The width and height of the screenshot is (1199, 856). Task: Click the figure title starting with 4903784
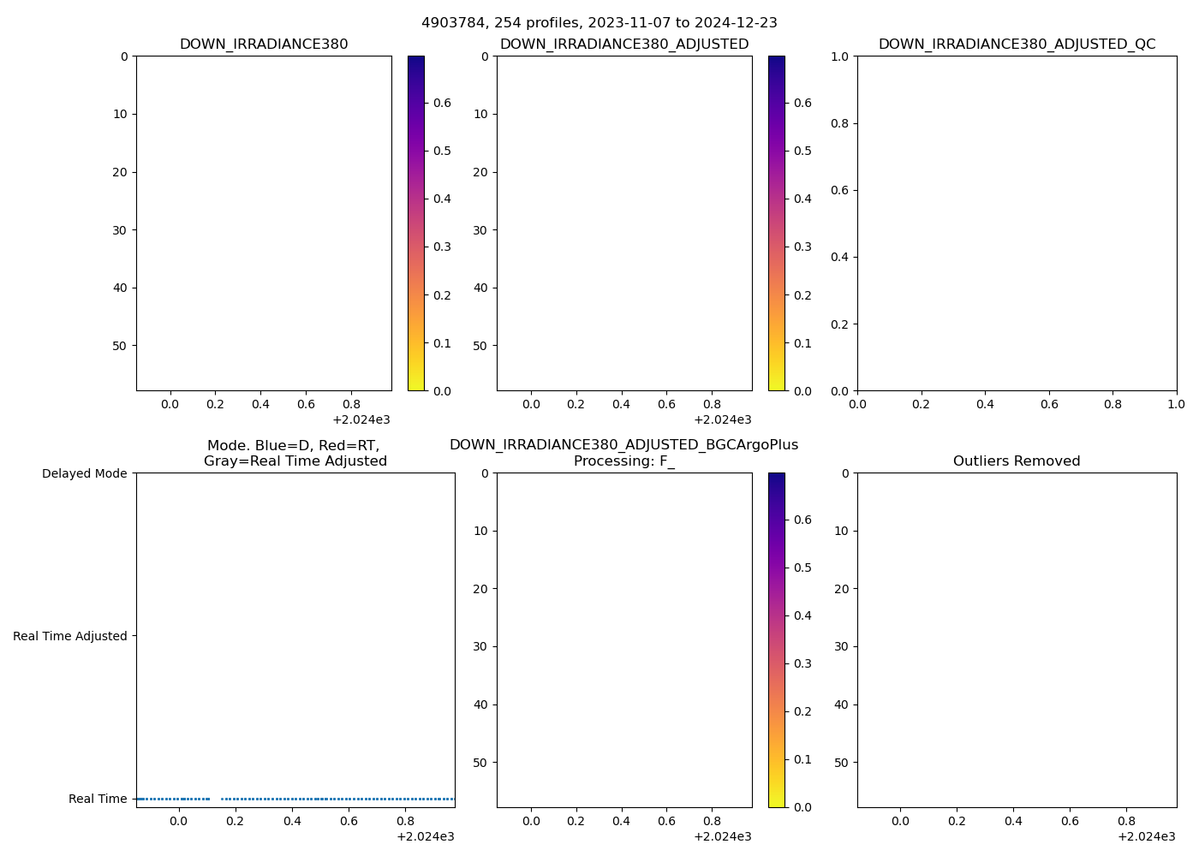599,23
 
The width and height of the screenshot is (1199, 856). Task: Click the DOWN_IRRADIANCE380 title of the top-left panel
264,45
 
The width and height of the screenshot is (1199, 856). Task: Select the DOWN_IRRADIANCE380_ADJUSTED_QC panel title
1017,45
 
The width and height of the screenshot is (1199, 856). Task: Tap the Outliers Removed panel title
1017,461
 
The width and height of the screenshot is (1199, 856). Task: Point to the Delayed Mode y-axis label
84,473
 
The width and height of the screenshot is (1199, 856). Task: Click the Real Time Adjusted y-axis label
70,636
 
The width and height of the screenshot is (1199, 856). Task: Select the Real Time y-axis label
98,799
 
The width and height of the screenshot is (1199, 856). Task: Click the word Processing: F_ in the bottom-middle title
624,461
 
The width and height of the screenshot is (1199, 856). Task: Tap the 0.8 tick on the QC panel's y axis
839,123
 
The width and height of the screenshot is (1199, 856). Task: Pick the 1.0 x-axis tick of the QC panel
1176,404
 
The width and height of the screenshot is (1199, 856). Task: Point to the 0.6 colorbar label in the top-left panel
442,103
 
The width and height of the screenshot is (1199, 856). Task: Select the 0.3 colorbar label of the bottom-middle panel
802,663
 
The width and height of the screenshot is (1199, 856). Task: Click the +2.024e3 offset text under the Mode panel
426,836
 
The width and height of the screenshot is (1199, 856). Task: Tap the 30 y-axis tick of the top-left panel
120,230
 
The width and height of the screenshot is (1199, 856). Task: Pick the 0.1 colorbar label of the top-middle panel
802,343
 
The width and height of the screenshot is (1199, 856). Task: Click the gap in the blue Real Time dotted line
215,799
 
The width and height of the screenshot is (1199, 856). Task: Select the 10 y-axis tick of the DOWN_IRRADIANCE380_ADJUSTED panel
480,114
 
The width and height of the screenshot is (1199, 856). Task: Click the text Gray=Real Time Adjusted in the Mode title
295,461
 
